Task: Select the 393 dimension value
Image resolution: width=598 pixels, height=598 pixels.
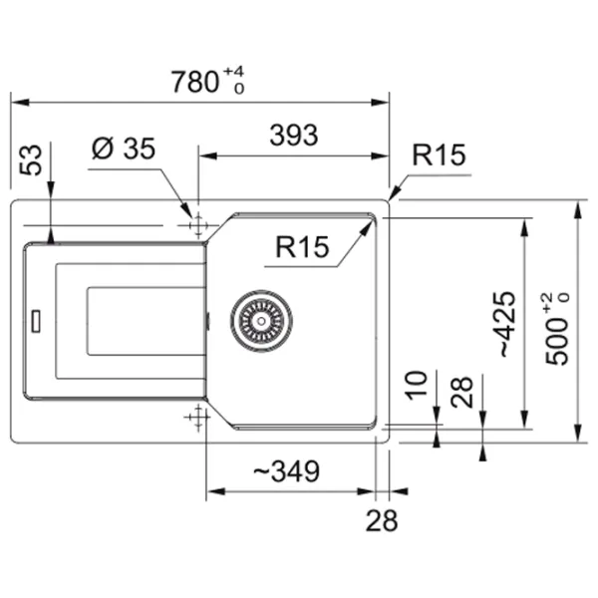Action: point(293,135)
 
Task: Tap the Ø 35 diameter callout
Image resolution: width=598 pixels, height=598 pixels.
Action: point(124,149)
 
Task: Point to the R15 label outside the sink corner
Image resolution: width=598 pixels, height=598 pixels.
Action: point(440,155)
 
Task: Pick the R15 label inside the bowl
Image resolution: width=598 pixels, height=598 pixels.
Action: point(303,247)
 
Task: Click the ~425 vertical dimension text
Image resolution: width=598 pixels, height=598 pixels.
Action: point(507,324)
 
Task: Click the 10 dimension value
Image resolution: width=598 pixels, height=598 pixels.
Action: point(418,384)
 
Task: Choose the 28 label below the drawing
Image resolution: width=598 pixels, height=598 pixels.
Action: point(382,520)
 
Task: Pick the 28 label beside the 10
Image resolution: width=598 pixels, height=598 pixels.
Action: point(461,393)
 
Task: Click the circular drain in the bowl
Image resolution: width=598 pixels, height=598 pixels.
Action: point(261,320)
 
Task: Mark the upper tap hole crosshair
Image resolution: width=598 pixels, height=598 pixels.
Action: point(196,225)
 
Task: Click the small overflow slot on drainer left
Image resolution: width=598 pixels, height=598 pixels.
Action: point(37,320)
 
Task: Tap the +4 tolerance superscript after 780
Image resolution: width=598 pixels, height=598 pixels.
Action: point(233,71)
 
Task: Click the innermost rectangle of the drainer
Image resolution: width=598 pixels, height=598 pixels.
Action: point(146,320)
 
